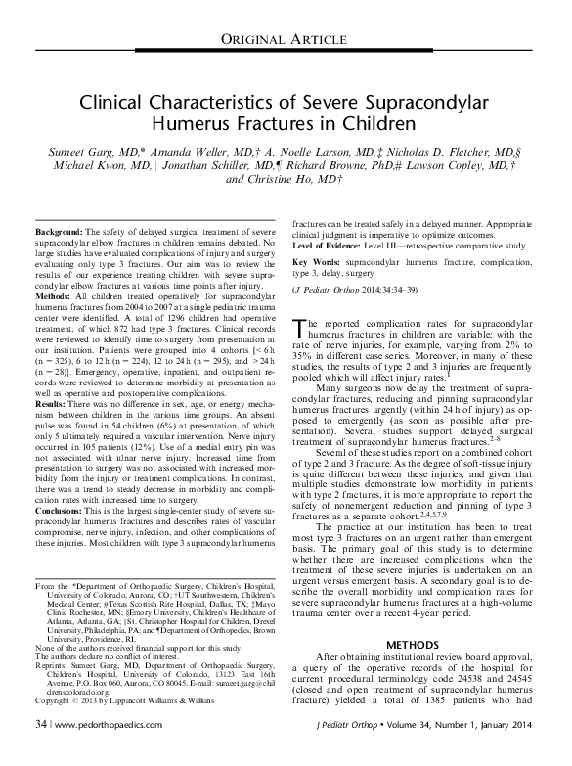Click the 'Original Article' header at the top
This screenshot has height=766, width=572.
(286, 38)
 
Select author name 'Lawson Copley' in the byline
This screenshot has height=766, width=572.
(457, 166)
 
